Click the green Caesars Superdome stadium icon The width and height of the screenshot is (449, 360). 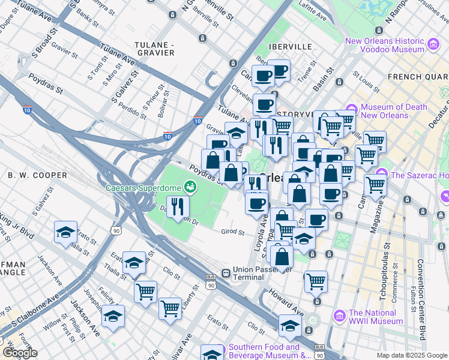click(191, 187)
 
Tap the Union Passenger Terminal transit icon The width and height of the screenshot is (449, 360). click(226, 274)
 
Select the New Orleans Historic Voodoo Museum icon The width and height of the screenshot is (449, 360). click(432, 44)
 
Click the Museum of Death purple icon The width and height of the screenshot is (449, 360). click(351, 110)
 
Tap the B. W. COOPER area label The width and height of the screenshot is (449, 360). click(37, 175)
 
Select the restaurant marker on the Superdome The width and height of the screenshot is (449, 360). click(178, 208)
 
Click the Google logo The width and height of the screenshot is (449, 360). click(19, 353)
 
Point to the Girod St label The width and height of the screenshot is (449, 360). click(232, 232)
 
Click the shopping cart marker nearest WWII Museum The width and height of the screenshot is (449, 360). click(315, 281)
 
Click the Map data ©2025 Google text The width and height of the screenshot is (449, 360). click(411, 355)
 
